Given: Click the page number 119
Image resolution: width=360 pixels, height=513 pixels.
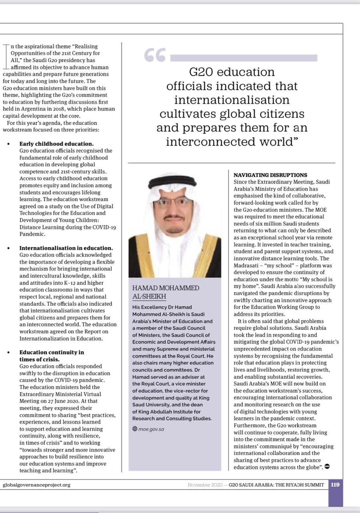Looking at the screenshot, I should pos(335,485).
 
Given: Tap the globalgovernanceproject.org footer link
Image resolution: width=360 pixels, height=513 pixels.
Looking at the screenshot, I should pos(36,485).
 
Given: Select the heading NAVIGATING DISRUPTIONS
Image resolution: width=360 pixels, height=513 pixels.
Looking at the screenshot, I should pos(270,175).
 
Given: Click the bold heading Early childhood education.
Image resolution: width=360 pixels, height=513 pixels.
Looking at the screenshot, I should pos(56,144).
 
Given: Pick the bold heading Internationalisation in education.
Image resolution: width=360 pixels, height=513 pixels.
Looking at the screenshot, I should pos(66,248).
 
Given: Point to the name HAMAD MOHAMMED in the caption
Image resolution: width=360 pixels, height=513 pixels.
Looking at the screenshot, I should pos(165,288).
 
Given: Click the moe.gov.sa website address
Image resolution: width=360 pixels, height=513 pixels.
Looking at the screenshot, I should pos(151,429).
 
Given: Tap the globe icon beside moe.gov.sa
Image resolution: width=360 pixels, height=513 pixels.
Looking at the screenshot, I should pos(135,429).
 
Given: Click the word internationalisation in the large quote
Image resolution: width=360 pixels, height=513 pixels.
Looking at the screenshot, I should pos(232,100).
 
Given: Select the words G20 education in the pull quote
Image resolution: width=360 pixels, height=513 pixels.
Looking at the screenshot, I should pos(232,72).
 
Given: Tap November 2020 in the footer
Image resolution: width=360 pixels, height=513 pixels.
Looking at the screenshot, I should pos(205,485).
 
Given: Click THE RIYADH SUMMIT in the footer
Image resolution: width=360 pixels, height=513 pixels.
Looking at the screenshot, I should pos(301,485).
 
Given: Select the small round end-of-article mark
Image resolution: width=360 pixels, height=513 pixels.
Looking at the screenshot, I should pos(327,467).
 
